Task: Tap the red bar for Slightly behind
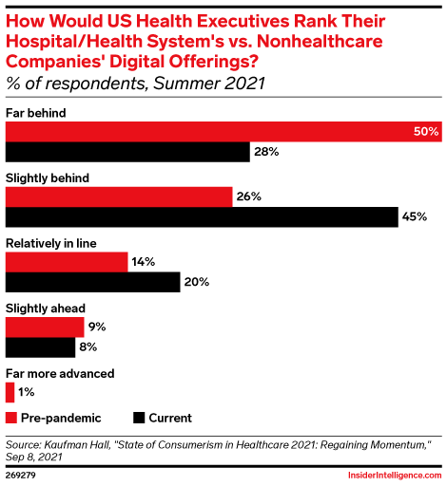pos(119,196)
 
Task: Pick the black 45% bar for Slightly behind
pos(202,217)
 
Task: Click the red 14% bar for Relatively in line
pos(67,261)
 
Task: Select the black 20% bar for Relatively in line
pos(92,282)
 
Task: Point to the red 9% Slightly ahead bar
pos(45,327)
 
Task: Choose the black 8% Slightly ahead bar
pos(41,347)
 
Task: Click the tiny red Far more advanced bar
pos(10,392)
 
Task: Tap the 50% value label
pos(426,131)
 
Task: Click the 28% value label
pos(264,152)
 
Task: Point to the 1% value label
pos(26,392)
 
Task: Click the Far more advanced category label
pos(60,373)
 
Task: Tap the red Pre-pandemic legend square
pos(12,418)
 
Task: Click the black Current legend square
pos(140,418)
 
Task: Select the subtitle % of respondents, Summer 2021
pos(135,84)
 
